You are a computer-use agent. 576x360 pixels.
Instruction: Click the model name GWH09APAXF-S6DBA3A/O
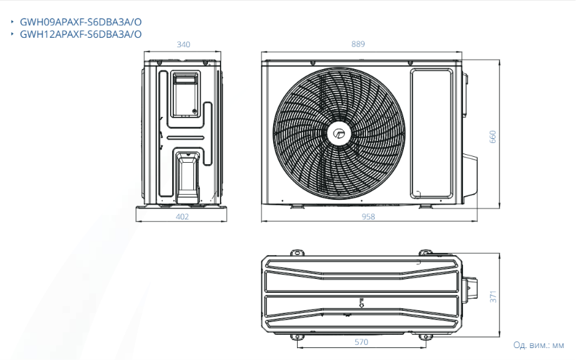[81, 22]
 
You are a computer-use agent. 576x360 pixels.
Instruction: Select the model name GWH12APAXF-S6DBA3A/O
[81, 34]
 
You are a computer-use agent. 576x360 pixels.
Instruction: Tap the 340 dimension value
[183, 45]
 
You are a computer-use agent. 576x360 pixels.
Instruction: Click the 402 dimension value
[182, 217]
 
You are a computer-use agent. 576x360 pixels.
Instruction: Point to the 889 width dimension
[358, 44]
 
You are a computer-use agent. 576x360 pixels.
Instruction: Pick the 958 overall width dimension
[368, 217]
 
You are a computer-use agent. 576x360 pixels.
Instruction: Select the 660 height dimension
[492, 137]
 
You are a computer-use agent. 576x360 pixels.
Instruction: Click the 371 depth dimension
[493, 297]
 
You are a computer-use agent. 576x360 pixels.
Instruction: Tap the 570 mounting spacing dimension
[361, 342]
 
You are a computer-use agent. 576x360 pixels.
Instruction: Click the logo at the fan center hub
[339, 134]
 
